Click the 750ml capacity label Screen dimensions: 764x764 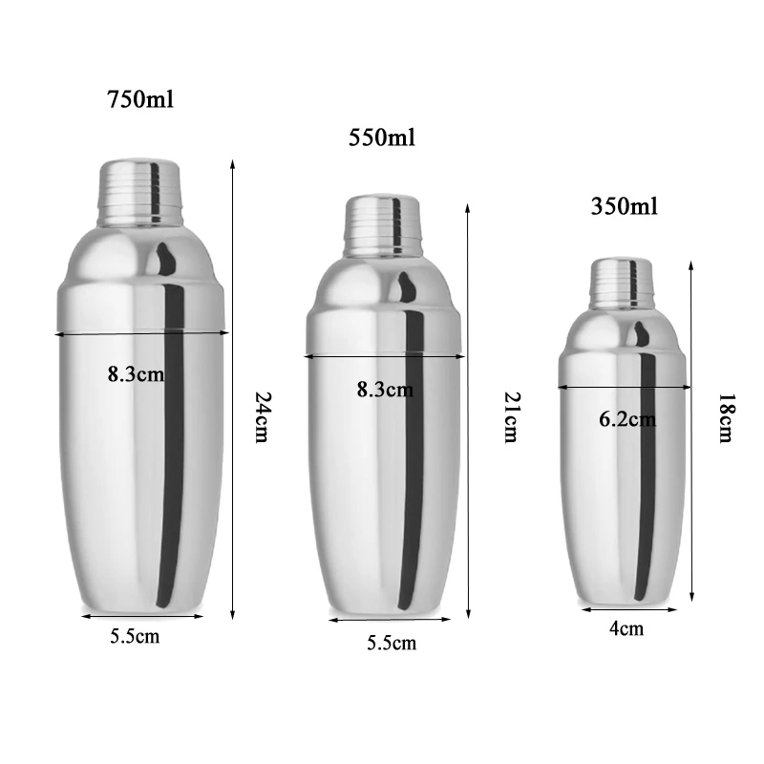click(x=140, y=98)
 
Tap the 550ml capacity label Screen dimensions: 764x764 click(x=382, y=138)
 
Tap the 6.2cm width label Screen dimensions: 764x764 click(x=627, y=418)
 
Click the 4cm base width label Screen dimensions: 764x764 click(x=626, y=627)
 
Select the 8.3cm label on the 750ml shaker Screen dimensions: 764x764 click(x=136, y=373)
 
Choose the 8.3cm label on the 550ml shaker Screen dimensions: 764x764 click(x=385, y=389)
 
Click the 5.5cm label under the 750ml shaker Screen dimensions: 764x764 click(x=135, y=636)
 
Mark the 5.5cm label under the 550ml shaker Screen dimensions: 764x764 click(x=392, y=643)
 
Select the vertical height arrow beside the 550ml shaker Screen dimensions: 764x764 click(x=468, y=411)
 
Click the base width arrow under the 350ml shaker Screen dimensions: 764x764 click(x=628, y=609)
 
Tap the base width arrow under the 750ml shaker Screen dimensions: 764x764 click(x=143, y=616)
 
